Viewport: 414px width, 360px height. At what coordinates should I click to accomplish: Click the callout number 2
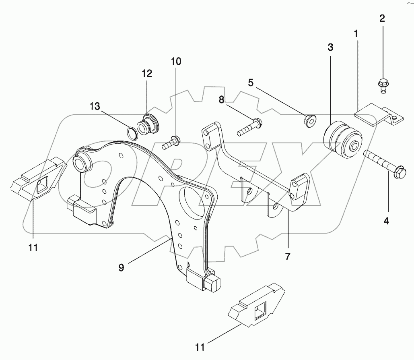tap(382, 18)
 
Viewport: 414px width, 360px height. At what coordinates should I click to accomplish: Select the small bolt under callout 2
tap(382, 85)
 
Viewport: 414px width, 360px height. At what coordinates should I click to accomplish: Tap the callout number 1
tap(356, 34)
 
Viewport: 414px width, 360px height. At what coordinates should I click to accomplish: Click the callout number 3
tap(330, 48)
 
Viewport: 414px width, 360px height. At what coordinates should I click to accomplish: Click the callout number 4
tap(386, 221)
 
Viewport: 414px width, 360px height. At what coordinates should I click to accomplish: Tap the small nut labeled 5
tap(309, 120)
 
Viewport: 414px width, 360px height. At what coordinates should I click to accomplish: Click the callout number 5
tap(251, 83)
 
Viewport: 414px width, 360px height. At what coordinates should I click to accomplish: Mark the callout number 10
tap(176, 62)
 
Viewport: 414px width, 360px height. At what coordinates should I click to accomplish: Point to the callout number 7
tap(288, 257)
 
